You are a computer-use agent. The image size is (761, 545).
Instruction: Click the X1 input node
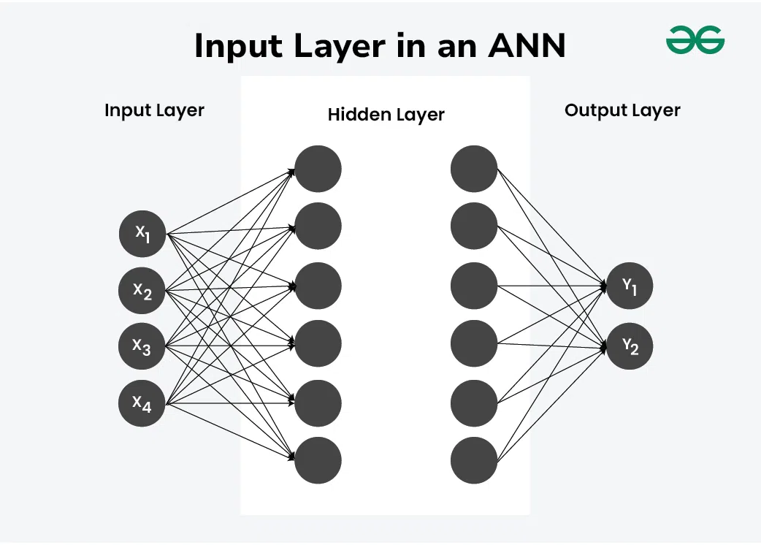click(x=142, y=234)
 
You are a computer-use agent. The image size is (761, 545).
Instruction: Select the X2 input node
click(x=142, y=290)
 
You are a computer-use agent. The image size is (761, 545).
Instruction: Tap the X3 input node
click(x=142, y=346)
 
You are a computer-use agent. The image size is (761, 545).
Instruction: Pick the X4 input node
click(x=142, y=403)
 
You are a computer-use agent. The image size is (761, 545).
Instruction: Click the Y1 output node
click(x=630, y=286)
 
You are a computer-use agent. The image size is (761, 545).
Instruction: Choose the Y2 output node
click(x=630, y=346)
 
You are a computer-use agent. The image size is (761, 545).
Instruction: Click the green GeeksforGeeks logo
click(x=695, y=40)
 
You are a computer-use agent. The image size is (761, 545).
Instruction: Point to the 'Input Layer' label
click(x=154, y=110)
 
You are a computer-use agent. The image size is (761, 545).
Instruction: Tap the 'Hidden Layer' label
click(x=386, y=115)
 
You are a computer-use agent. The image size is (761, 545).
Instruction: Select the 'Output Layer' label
click(x=622, y=110)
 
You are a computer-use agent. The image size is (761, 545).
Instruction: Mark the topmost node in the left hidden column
click(x=318, y=169)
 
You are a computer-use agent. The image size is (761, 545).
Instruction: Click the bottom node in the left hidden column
click(x=318, y=460)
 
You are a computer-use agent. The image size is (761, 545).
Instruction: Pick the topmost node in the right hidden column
click(x=474, y=169)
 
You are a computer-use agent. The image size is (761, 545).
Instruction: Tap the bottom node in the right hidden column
click(x=474, y=460)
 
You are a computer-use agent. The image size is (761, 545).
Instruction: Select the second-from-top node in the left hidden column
click(x=318, y=226)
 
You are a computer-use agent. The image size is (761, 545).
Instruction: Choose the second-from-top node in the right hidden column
click(x=474, y=226)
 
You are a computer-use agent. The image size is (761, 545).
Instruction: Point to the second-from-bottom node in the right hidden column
click(x=474, y=403)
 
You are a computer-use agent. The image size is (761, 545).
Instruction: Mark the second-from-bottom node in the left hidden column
click(x=318, y=403)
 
